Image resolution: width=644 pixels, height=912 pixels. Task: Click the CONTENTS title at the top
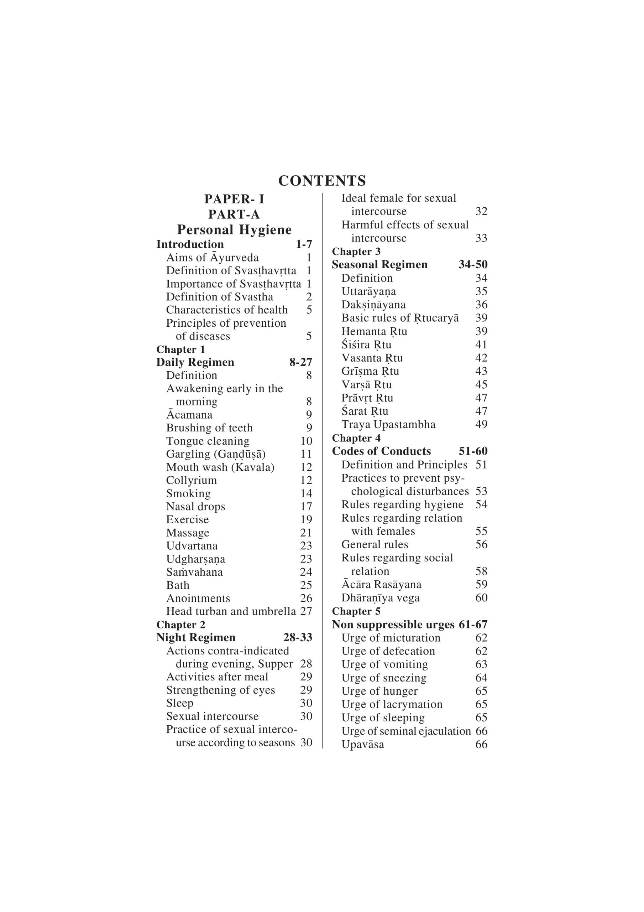pos(321,181)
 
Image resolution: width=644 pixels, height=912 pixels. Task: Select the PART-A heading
pos(234,214)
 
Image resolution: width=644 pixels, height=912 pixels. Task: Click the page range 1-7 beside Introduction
pos(304,244)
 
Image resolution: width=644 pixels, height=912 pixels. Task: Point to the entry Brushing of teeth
pos(209,428)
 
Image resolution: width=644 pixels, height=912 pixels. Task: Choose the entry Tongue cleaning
pos(208,441)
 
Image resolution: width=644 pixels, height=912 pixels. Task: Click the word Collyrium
pos(192,480)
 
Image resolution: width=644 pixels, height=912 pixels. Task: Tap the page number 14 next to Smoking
pos(306,493)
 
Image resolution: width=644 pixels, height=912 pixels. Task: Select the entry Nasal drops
pos(195,507)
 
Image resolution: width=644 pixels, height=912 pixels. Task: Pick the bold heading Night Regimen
pos(196,638)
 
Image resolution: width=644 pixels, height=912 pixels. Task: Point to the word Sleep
pos(179,703)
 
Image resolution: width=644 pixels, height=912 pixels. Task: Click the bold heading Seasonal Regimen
pos(379,265)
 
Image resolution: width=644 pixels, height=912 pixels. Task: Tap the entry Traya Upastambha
pos(388,425)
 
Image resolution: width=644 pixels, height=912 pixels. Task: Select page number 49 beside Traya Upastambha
pos(481,425)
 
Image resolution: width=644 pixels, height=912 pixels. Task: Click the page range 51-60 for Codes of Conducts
pos(473,451)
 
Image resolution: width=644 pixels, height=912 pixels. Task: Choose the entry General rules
pos(375,545)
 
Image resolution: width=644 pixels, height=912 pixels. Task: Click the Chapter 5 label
pos(356,611)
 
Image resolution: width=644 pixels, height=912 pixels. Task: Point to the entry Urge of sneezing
pos(384,678)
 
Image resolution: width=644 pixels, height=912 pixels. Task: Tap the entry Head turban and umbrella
pos(231,611)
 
